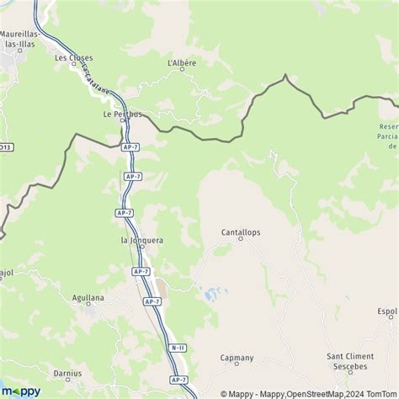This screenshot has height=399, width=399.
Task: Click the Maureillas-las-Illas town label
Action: (x=19, y=42)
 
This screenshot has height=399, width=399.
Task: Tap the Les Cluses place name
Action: (x=74, y=57)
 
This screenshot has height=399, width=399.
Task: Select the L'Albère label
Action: (x=182, y=62)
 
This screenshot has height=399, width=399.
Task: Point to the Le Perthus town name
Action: (x=120, y=114)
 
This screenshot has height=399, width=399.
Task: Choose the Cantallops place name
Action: (x=240, y=230)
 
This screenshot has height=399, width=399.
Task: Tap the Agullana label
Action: (x=90, y=297)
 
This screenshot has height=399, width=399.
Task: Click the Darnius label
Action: (x=66, y=373)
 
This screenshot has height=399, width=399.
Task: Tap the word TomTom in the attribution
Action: (x=382, y=393)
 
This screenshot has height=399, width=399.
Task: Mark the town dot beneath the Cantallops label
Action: (x=240, y=239)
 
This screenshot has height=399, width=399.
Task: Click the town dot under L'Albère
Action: (x=182, y=70)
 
